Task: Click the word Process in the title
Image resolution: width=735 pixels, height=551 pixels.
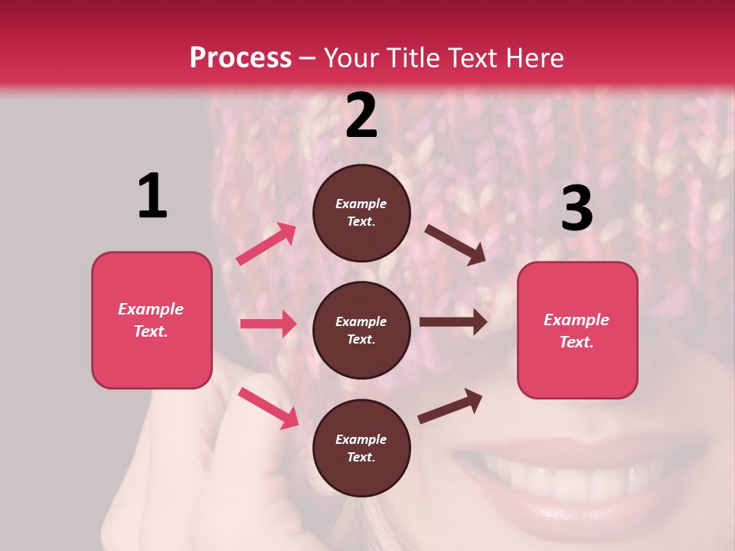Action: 240,58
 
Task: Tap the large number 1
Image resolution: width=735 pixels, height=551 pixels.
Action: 152,197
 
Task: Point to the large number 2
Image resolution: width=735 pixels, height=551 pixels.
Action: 361,116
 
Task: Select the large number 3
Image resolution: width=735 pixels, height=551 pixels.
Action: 577,208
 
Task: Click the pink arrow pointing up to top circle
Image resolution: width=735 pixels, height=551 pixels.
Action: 266,243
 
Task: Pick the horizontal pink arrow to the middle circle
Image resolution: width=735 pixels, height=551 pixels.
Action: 268,324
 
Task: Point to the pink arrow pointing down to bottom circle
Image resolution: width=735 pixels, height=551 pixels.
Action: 268,407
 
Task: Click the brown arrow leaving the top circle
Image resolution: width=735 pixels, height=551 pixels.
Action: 456,244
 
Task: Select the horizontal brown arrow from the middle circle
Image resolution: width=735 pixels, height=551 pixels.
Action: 452,322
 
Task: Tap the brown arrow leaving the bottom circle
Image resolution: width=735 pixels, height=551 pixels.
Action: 450,406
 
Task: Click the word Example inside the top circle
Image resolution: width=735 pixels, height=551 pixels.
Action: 361,204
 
